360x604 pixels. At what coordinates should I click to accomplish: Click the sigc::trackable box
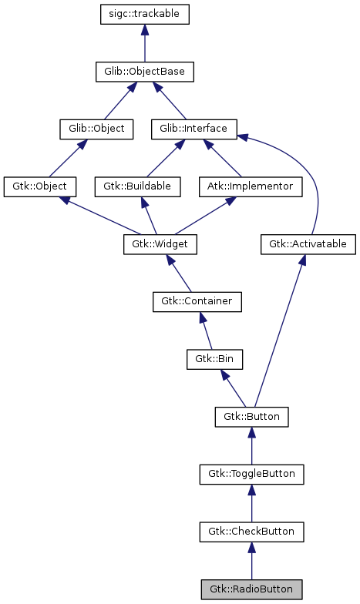(x=144, y=15)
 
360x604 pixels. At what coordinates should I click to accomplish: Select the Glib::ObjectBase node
(x=144, y=72)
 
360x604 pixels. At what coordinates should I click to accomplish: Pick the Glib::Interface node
(x=193, y=129)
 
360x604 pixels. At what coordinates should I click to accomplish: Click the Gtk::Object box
(x=40, y=186)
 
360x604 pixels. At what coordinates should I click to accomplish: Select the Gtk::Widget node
(x=160, y=244)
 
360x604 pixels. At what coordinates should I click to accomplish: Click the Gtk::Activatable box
(x=308, y=244)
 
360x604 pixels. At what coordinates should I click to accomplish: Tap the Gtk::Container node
(x=197, y=301)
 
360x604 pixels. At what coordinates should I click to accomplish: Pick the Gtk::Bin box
(x=215, y=359)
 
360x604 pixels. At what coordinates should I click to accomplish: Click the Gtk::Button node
(x=251, y=417)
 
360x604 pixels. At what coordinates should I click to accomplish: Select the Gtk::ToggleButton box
(x=251, y=474)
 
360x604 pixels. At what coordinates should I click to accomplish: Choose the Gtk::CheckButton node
(x=251, y=532)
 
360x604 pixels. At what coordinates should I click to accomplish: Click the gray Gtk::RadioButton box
(x=251, y=589)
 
